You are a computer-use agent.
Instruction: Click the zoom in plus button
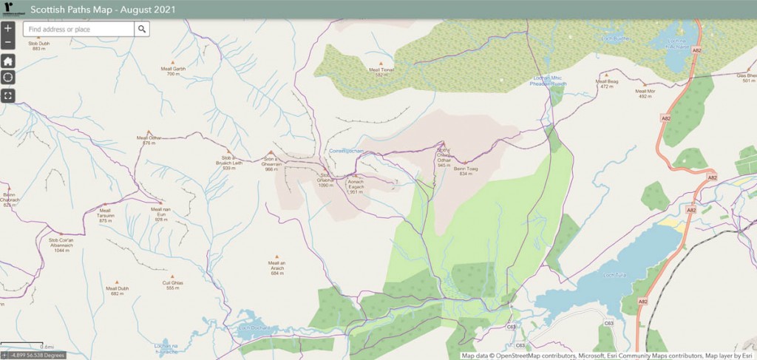pyautogui.click(x=7, y=29)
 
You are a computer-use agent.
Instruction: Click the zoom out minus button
pyautogui.click(x=7, y=42)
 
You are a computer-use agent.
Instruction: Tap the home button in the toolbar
pyautogui.click(x=7, y=61)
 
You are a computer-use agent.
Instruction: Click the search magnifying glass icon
pyautogui.click(x=142, y=29)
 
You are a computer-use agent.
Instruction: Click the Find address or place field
pyautogui.click(x=78, y=29)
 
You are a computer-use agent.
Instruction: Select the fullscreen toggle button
pyautogui.click(x=7, y=95)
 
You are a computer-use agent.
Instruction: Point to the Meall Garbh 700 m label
pyautogui.click(x=174, y=71)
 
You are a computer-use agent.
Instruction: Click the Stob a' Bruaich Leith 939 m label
pyautogui.click(x=228, y=163)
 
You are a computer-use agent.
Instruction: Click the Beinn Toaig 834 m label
pyautogui.click(x=466, y=171)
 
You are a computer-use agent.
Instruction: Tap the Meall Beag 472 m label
pyautogui.click(x=607, y=84)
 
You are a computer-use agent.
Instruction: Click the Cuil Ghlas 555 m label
pyautogui.click(x=173, y=285)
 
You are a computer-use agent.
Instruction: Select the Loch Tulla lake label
pyautogui.click(x=614, y=275)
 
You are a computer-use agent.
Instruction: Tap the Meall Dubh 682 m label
pyautogui.click(x=117, y=291)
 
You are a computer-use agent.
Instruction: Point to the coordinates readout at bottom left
pyautogui.click(x=33, y=356)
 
